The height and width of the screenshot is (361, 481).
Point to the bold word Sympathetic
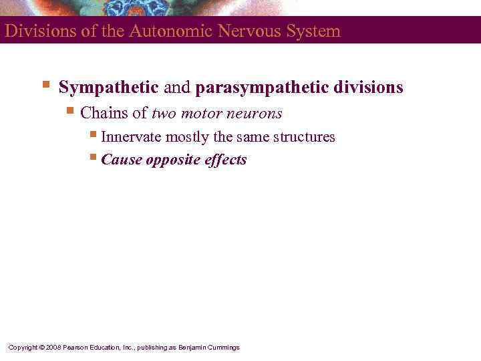point(109,88)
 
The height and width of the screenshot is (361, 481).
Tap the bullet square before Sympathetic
point(45,86)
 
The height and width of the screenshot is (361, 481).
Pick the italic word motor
point(202,114)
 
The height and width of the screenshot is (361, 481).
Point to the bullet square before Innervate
point(93,136)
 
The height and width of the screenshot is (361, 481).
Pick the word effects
point(224,160)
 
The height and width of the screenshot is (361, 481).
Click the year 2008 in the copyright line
point(55,348)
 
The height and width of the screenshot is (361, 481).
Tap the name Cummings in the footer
point(224,348)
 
